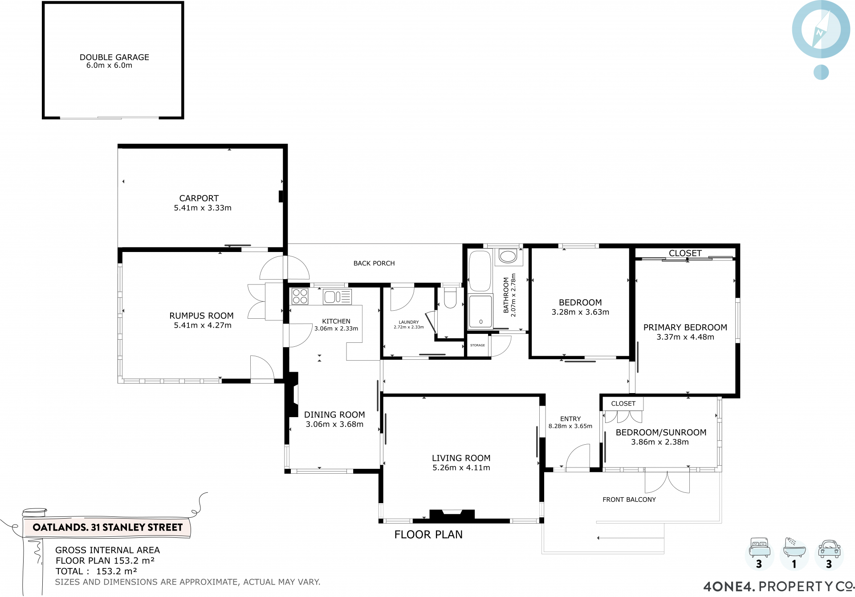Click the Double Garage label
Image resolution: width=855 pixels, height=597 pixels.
coord(114,57)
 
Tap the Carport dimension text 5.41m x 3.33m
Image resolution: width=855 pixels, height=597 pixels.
coord(203,208)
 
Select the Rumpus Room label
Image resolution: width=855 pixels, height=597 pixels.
coord(201,316)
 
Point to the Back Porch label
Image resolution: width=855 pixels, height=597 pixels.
coord(374,264)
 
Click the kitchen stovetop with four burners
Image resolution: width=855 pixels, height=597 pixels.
coord(300,296)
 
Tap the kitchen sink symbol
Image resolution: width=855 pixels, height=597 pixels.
coord(338,297)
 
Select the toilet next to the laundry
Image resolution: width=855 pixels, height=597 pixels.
coord(451,298)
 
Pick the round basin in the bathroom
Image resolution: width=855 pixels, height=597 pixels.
coord(508,256)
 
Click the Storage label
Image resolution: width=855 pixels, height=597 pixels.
coord(477,345)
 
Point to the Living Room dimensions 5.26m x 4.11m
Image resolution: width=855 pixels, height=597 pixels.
coord(461,468)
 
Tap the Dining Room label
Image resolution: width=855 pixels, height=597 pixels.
coord(334,415)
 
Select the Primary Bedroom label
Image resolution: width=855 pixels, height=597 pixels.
coord(685,328)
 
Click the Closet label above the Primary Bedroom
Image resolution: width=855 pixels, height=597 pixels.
coord(685,253)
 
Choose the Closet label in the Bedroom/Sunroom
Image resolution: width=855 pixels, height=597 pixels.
coord(623,404)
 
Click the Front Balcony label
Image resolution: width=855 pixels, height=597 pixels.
coord(629,500)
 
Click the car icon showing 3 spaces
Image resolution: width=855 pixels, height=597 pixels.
coord(829,549)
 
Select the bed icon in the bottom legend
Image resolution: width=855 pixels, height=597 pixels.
coord(760,548)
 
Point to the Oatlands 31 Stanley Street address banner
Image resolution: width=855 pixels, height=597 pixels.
coord(107,528)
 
